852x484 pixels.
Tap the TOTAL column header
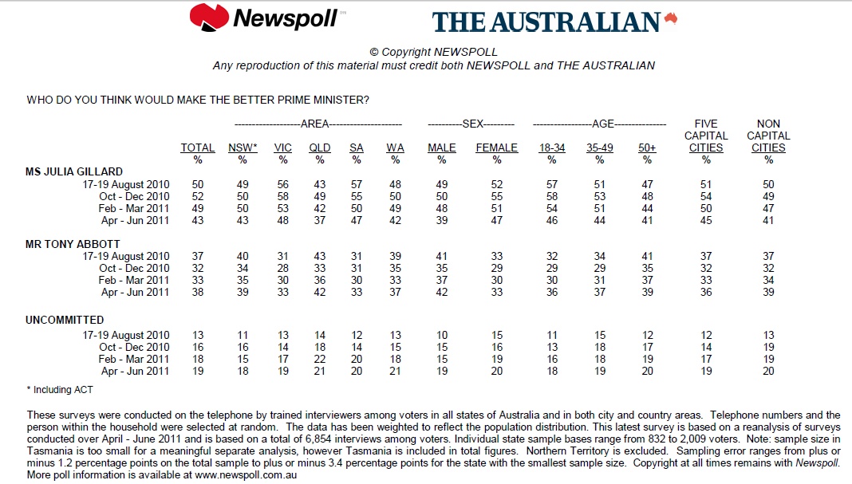(198, 148)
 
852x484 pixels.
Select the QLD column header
(319, 148)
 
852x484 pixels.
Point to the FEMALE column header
(497, 148)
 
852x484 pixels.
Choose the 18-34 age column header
(551, 148)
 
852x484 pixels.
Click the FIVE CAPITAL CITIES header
(706, 136)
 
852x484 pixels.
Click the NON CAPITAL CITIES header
(768, 136)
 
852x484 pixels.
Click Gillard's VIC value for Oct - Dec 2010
(283, 196)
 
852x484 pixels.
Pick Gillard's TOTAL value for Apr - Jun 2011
(198, 220)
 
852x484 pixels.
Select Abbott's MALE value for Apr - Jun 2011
(442, 293)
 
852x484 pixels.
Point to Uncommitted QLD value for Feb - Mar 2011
(319, 359)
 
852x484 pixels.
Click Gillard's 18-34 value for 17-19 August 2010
(551, 184)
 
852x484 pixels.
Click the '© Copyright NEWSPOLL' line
(434, 52)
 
